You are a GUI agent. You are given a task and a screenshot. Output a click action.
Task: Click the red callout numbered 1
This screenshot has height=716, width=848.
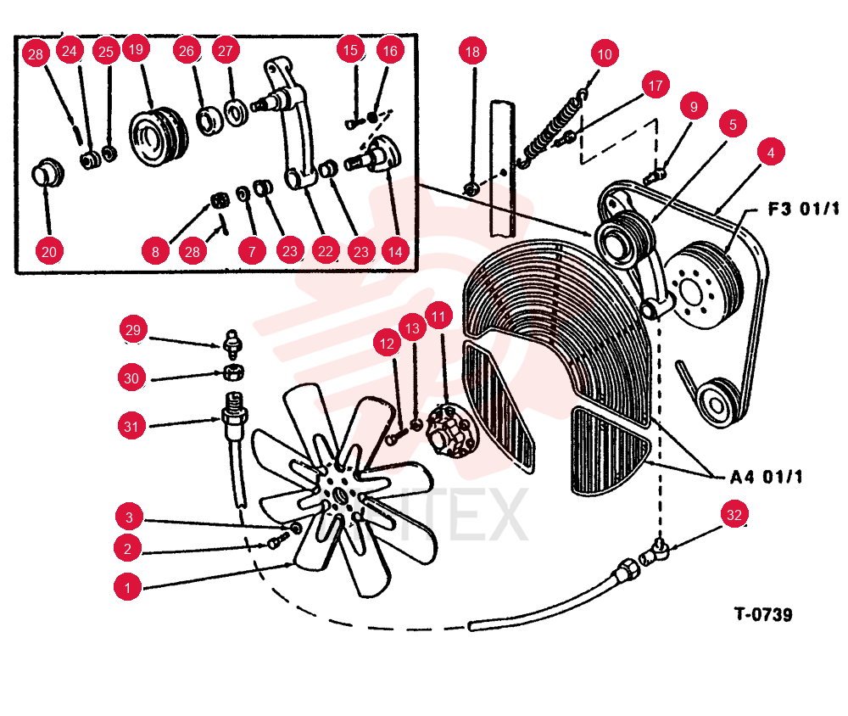coord(128,587)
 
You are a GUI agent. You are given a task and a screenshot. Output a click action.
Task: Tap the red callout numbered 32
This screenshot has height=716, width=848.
coord(734,514)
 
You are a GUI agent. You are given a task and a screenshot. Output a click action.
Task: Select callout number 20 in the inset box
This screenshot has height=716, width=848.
coord(48,251)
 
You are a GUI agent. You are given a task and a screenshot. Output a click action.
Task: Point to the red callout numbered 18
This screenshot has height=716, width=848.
coord(472,52)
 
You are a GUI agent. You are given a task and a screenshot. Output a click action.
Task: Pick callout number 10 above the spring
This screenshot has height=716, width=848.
coord(605,53)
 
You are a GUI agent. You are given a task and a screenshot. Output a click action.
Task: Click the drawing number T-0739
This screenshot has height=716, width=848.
coord(763,614)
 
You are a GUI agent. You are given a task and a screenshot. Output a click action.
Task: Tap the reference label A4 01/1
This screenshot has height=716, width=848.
coord(767,477)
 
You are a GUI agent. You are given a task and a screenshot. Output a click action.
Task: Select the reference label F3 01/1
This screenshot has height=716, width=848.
coord(804,209)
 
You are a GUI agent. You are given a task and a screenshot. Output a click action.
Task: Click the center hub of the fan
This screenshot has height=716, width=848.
coord(340,494)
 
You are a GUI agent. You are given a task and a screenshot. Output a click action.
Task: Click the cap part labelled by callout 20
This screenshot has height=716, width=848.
coord(47,173)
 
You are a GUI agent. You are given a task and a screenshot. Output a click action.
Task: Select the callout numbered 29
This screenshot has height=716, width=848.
coord(133,330)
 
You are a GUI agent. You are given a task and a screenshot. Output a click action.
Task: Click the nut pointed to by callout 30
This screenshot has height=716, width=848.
coord(234,372)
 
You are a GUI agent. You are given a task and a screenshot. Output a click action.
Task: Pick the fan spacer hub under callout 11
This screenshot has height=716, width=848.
coord(453,431)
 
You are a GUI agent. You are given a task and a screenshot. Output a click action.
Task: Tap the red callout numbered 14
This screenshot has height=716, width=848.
coord(395,252)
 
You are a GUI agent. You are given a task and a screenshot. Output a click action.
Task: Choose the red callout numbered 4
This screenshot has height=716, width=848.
coord(771,152)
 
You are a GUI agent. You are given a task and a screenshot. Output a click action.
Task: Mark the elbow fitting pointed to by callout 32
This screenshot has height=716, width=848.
coord(655,552)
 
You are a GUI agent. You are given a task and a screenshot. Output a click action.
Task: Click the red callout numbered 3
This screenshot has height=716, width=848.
coord(129,517)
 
